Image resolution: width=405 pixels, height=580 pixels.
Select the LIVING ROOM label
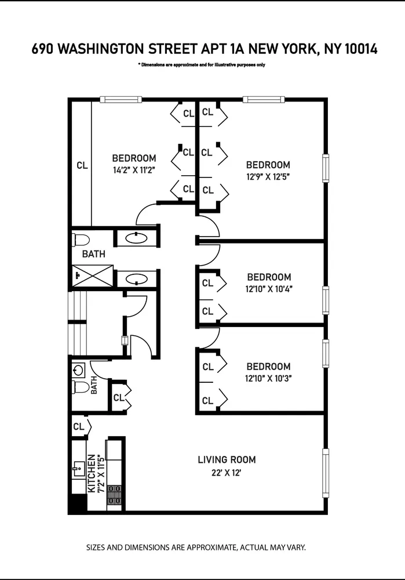pos(227,460)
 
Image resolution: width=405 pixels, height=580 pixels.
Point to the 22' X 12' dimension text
pos(227,473)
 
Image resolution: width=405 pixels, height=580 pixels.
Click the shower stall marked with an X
pos(92,275)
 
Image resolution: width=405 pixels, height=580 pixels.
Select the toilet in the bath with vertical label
pos(81,386)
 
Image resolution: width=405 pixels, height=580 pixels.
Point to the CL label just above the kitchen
pos(78,427)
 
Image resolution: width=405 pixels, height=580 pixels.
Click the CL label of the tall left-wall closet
pos(82,165)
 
